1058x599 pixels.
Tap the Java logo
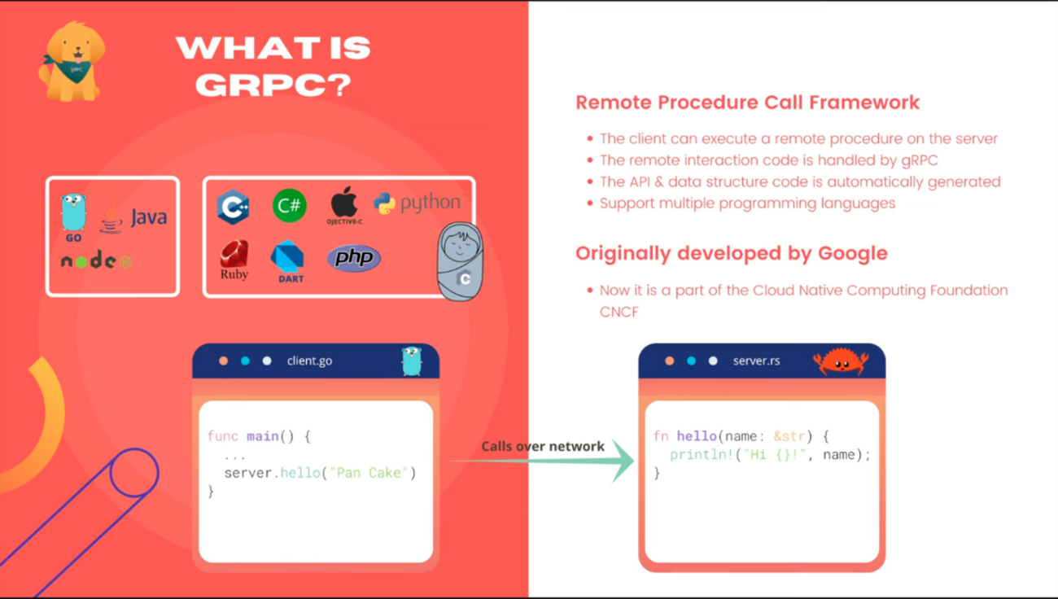point(134,218)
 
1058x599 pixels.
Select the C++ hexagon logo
point(233,206)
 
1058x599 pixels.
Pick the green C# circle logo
point(289,206)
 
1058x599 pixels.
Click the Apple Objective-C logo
point(344,204)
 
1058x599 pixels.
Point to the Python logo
point(417,203)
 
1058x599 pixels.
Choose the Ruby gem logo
point(234,260)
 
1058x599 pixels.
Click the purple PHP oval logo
point(354,258)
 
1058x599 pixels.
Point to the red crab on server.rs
point(840,361)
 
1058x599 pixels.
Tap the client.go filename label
point(309,361)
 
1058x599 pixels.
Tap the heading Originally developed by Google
point(731,253)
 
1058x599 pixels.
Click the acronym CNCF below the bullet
point(619,312)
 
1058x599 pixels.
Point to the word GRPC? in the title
point(273,84)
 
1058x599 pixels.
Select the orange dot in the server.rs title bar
point(669,361)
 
